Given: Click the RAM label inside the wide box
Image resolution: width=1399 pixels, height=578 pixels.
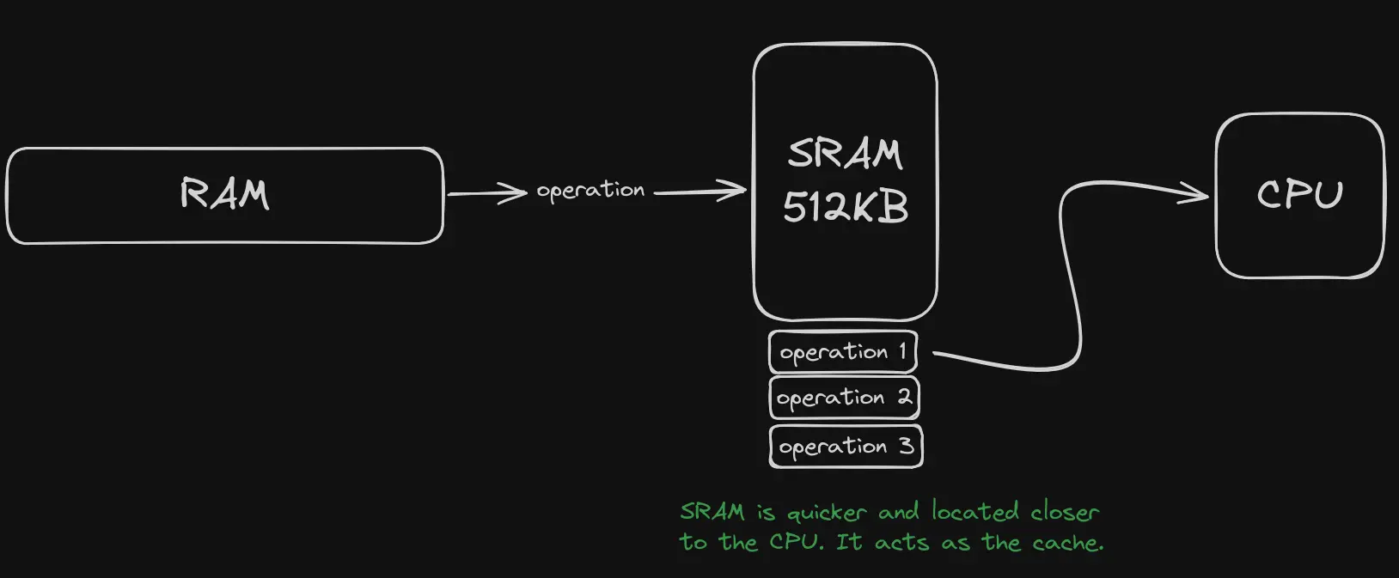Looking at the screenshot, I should pos(224,194).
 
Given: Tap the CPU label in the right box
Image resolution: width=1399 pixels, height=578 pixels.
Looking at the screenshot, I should pos(1299,195).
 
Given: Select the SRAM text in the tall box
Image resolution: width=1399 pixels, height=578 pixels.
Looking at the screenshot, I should pos(845,155).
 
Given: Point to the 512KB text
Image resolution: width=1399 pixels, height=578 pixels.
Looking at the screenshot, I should pos(846,208).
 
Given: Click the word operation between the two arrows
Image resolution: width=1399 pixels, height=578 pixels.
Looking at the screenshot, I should pos(590,191).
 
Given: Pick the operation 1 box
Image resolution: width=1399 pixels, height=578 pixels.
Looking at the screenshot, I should pos(843,352).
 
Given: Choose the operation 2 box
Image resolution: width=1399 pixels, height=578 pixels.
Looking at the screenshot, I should pos(844,398).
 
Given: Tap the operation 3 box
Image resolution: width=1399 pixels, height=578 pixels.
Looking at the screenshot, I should pos(846,447).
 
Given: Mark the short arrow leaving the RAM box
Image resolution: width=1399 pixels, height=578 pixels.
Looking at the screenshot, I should pos(486,193).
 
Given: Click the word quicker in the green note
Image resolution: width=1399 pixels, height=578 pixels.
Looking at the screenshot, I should pos(827,514).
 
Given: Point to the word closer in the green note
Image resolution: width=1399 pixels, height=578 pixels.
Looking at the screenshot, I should pos(1065,513).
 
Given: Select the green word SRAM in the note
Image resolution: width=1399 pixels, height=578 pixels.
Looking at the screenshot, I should pos(712,512).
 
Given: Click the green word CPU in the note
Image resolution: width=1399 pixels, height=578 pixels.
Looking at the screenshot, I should pos(797,543).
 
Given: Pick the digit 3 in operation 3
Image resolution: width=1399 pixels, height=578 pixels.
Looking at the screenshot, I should pos(906,446).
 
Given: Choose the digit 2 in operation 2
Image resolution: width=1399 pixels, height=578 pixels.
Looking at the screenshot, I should pos(904,397).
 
